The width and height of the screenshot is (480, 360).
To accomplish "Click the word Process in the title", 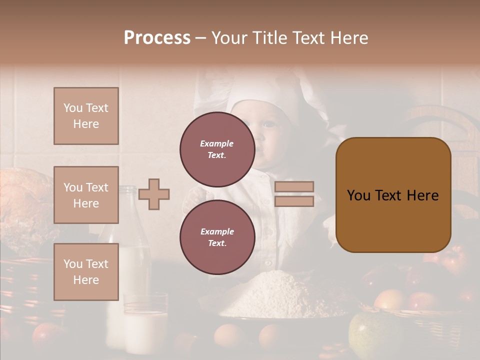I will tap(157, 38).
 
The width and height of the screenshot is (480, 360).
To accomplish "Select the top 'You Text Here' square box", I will tap(86, 116).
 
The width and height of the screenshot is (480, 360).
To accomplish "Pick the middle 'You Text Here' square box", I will tap(86, 195).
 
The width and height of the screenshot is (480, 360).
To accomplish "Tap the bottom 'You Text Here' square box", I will tap(86, 272).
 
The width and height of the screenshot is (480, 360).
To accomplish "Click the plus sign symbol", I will tap(154, 194).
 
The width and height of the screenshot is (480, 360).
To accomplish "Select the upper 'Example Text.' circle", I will tap(217, 149).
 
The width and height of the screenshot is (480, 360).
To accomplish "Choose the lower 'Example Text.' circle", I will tap(217, 237).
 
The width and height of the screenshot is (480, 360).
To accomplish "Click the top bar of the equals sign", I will tap(294, 186).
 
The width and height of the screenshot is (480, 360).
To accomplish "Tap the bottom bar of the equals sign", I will tap(294, 201).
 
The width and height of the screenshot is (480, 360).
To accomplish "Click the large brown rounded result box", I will tap(393, 195).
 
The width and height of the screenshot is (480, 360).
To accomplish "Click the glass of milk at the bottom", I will tap(145, 325).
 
